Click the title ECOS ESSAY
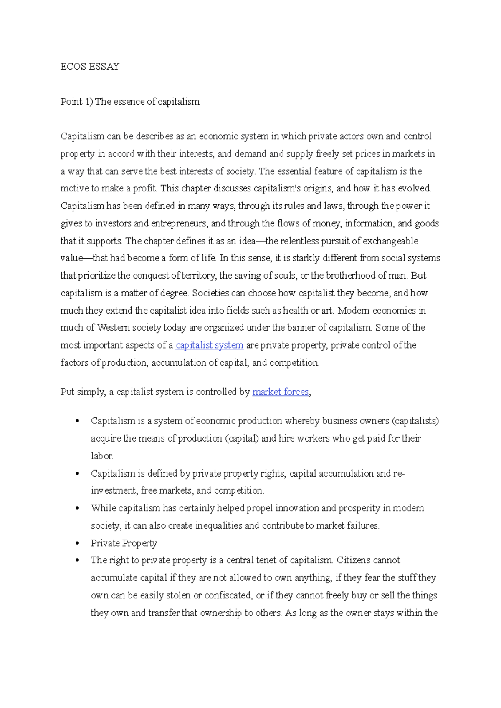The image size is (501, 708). click(x=90, y=67)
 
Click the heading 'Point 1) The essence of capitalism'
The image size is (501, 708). click(x=130, y=102)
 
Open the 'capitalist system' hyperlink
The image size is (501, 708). click(x=209, y=345)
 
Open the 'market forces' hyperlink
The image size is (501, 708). click(x=281, y=392)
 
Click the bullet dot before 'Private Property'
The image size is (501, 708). click(x=77, y=543)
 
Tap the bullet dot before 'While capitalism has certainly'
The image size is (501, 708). click(x=77, y=508)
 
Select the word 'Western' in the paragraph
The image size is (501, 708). click(x=114, y=328)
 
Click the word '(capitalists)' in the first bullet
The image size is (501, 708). click(x=415, y=421)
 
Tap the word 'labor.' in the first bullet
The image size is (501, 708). click(x=102, y=456)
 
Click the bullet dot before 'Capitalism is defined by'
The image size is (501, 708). click(x=77, y=474)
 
